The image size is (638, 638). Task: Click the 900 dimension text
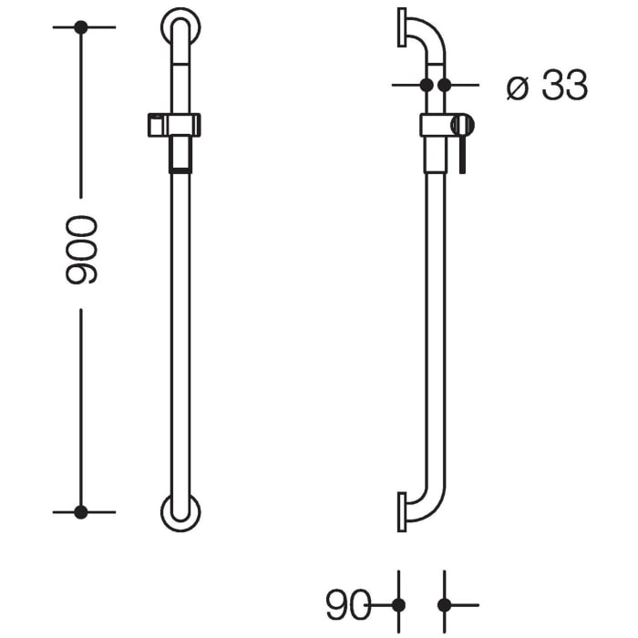[x=81, y=252]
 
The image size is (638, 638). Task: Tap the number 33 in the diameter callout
[x=563, y=87]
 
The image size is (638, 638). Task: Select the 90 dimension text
[x=347, y=604]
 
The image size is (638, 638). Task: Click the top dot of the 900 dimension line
[x=81, y=27]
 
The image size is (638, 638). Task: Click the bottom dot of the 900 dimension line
[x=81, y=512]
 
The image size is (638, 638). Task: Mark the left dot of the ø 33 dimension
[x=426, y=85]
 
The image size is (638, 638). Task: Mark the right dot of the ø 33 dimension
[x=445, y=85]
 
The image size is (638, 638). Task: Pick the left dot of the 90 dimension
[x=398, y=604]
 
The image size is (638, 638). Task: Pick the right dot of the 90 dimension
[x=445, y=604]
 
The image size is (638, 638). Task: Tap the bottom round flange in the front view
[x=181, y=513]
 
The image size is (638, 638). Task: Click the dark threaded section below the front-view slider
[x=181, y=154]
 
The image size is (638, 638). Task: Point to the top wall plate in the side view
[x=402, y=26]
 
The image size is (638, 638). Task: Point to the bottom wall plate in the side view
[x=402, y=511]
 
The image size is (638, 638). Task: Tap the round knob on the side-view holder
[x=463, y=125]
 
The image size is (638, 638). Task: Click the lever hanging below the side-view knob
[x=463, y=154]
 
